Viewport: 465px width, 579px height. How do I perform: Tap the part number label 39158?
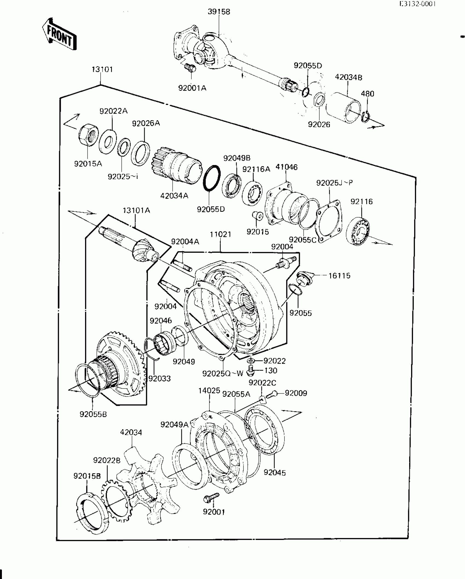(219, 12)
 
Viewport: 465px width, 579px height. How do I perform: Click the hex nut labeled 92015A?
(87, 136)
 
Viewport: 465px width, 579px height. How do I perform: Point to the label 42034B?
(348, 78)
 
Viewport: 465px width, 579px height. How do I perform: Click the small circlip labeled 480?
(365, 117)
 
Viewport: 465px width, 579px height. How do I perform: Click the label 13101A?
(136, 210)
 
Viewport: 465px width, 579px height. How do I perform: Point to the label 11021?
(220, 234)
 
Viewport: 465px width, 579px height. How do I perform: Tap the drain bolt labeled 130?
(250, 371)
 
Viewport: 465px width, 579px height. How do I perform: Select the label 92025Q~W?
(223, 373)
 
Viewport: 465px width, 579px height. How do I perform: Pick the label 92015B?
(87, 476)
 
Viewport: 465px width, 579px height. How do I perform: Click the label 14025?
(209, 391)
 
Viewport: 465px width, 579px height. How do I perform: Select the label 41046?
(286, 167)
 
